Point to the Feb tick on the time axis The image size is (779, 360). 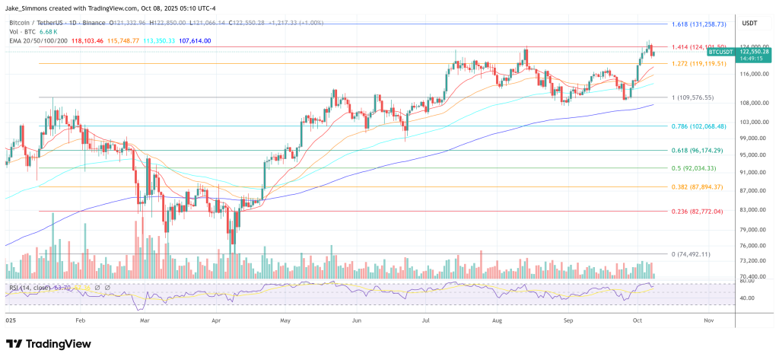tap(81, 321)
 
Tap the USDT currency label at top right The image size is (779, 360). tap(750, 23)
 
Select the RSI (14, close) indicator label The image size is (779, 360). tap(30, 288)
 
